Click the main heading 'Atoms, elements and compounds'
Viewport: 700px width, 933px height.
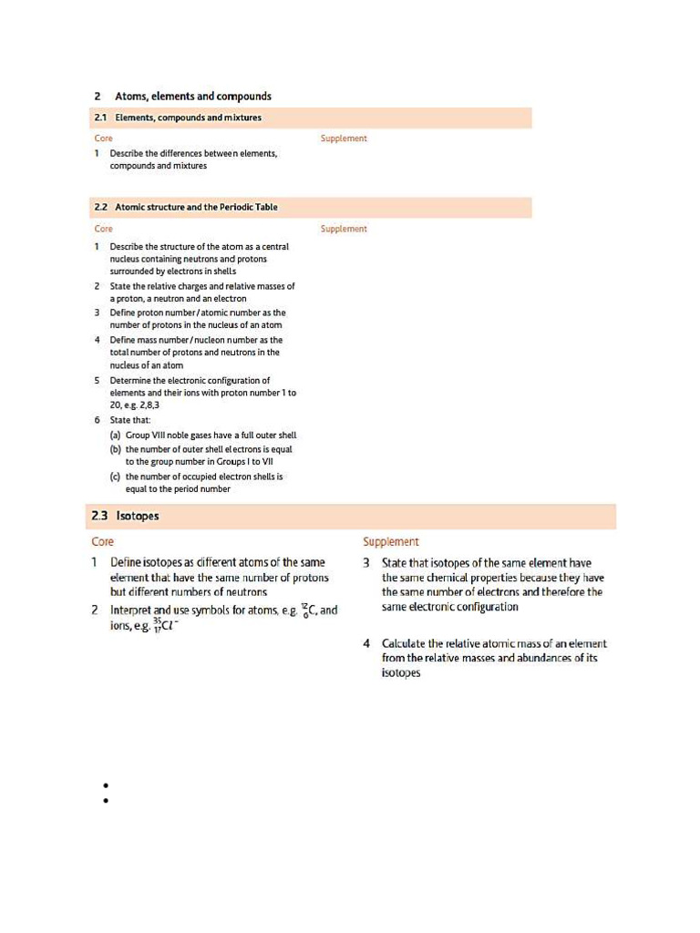pyautogui.click(x=192, y=97)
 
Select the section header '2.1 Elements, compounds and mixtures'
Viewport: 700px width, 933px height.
pyautogui.click(x=178, y=118)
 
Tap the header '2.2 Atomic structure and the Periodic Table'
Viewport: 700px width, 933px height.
pyautogui.click(x=186, y=207)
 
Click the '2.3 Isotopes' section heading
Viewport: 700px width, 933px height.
pyautogui.click(x=126, y=517)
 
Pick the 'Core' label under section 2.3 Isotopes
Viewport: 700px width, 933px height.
pyautogui.click(x=103, y=541)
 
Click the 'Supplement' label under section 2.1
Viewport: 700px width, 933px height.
pyautogui.click(x=344, y=138)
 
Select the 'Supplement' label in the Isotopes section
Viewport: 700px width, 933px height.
pyautogui.click(x=391, y=541)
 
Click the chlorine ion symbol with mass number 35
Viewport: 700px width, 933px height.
pyautogui.click(x=165, y=624)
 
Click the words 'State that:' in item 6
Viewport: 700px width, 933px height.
pyautogui.click(x=130, y=420)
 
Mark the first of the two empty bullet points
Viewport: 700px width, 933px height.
pyautogui.click(x=107, y=785)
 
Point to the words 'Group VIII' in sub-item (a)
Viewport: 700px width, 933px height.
pyautogui.click(x=148, y=436)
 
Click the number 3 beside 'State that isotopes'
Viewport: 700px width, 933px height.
pyautogui.click(x=366, y=563)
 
